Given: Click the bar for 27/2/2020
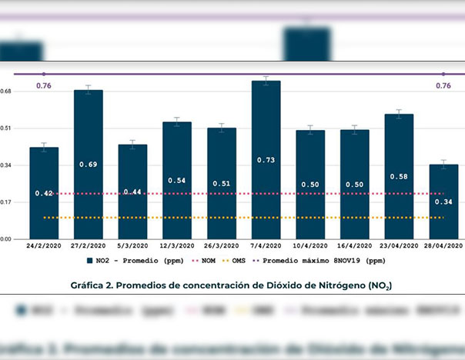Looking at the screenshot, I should click(x=89, y=164).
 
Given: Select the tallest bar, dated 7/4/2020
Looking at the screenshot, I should click(x=266, y=159).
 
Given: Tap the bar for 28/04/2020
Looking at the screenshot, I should click(x=443, y=202).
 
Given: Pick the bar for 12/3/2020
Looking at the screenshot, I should click(x=177, y=180).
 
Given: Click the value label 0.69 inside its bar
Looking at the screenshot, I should click(x=89, y=165).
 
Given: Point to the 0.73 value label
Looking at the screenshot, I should click(x=266, y=160).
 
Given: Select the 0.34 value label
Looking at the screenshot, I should click(x=443, y=202).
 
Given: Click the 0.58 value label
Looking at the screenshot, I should click(x=399, y=177).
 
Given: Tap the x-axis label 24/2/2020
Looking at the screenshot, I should click(x=44, y=245).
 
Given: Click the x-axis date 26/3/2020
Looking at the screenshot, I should click(x=221, y=245).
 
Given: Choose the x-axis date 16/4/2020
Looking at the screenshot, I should click(x=354, y=245).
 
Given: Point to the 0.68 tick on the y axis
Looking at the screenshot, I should click(x=7, y=92).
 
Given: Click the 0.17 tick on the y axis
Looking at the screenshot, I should click(x=7, y=202).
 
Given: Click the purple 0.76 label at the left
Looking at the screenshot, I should click(x=44, y=85).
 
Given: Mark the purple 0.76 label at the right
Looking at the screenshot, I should click(x=443, y=85).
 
